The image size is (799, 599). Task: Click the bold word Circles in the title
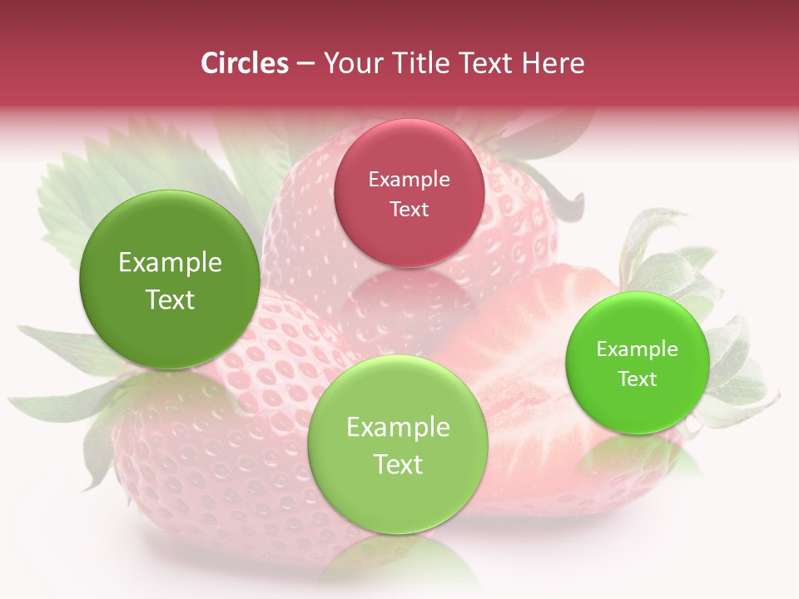tap(245, 63)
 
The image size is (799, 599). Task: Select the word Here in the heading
tap(553, 63)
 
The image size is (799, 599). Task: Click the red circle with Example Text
tap(409, 193)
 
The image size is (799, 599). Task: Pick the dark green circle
tap(170, 280)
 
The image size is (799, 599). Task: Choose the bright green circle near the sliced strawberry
tap(638, 363)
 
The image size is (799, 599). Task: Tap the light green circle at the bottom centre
tap(398, 444)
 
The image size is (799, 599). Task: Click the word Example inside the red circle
tap(409, 180)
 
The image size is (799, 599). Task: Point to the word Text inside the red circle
tap(409, 209)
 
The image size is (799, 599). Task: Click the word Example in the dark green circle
tap(170, 263)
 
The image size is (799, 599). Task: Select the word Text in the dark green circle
tap(170, 299)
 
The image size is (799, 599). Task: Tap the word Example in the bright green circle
tap(638, 349)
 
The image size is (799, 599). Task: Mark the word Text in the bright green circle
tap(638, 379)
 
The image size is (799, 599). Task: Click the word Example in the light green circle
tap(398, 428)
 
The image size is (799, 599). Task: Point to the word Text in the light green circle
tap(398, 464)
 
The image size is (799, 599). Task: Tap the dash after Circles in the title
tap(305, 64)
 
